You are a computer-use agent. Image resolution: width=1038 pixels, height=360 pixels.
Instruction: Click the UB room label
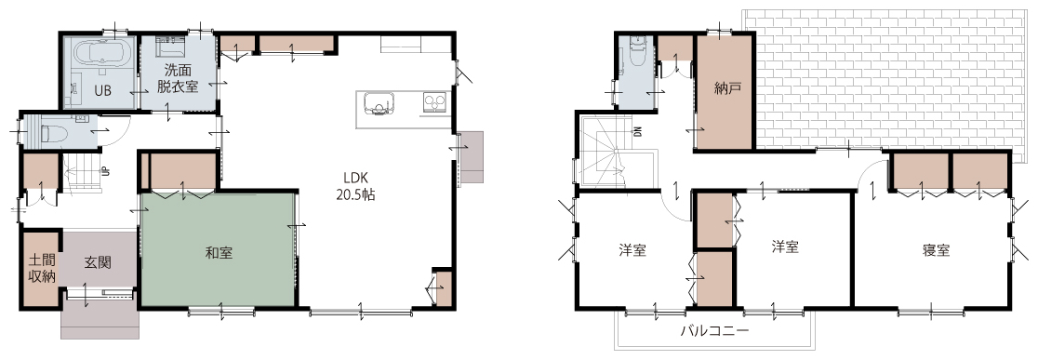(x=102, y=91)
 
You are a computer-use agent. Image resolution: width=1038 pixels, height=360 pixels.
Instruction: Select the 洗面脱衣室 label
(x=178, y=77)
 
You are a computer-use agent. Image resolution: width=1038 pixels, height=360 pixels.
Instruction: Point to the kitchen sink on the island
(x=379, y=104)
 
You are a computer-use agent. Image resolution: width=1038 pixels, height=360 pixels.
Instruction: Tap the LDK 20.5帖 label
(x=359, y=186)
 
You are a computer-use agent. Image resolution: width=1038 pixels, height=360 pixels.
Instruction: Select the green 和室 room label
(x=219, y=252)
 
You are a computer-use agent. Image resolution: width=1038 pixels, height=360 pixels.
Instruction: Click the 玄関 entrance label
(x=98, y=262)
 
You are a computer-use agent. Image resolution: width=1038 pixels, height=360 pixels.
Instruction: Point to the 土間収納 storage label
(x=41, y=267)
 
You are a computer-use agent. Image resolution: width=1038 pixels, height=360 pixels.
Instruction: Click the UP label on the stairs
(x=104, y=171)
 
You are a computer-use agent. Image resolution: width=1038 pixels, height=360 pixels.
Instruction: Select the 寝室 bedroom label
(x=936, y=250)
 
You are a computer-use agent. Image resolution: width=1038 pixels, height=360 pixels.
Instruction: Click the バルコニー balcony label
(x=715, y=330)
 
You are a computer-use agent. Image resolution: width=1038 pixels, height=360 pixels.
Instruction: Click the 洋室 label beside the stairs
(x=632, y=250)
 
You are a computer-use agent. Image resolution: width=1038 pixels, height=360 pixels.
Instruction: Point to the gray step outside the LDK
(x=472, y=157)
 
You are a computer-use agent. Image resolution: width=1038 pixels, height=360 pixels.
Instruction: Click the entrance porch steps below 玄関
(x=100, y=321)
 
